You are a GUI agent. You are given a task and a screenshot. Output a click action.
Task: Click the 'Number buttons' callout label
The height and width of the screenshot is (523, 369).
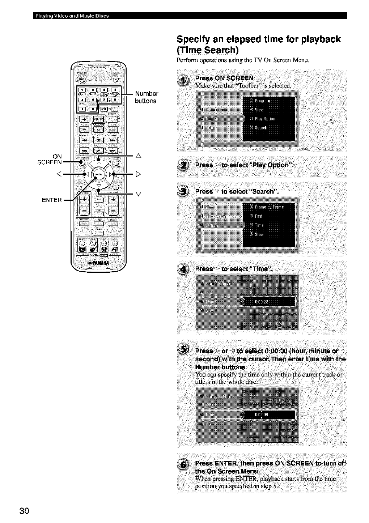pyautogui.click(x=146, y=97)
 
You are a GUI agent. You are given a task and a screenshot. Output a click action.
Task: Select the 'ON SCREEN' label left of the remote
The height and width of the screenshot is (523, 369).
pyautogui.click(x=50, y=159)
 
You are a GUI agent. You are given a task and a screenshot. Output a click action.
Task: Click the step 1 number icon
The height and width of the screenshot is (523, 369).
pyautogui.click(x=184, y=81)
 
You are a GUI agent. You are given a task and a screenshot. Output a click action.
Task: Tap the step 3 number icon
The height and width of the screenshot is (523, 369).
pyautogui.click(x=184, y=191)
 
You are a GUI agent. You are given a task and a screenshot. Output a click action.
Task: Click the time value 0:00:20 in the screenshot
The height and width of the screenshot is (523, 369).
pyautogui.click(x=261, y=302)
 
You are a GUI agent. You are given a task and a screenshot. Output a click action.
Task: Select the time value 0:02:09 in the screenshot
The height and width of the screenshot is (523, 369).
pyautogui.click(x=261, y=414)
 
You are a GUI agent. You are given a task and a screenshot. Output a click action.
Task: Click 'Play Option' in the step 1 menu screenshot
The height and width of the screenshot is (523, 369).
pyautogui.click(x=265, y=119)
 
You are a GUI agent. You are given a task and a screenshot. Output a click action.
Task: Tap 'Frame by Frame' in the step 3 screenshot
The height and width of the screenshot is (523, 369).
pyautogui.click(x=269, y=207)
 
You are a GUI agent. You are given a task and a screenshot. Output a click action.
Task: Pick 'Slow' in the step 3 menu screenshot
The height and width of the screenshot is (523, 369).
pyautogui.click(x=259, y=234)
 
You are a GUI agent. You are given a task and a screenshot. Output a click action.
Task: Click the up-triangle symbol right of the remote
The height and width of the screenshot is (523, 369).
pyautogui.click(x=137, y=156)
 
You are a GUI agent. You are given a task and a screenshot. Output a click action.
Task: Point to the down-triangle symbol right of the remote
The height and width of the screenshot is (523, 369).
pyautogui.click(x=137, y=194)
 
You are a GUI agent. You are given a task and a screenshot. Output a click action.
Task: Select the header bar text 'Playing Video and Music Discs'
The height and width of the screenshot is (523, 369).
pyautogui.click(x=71, y=16)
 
